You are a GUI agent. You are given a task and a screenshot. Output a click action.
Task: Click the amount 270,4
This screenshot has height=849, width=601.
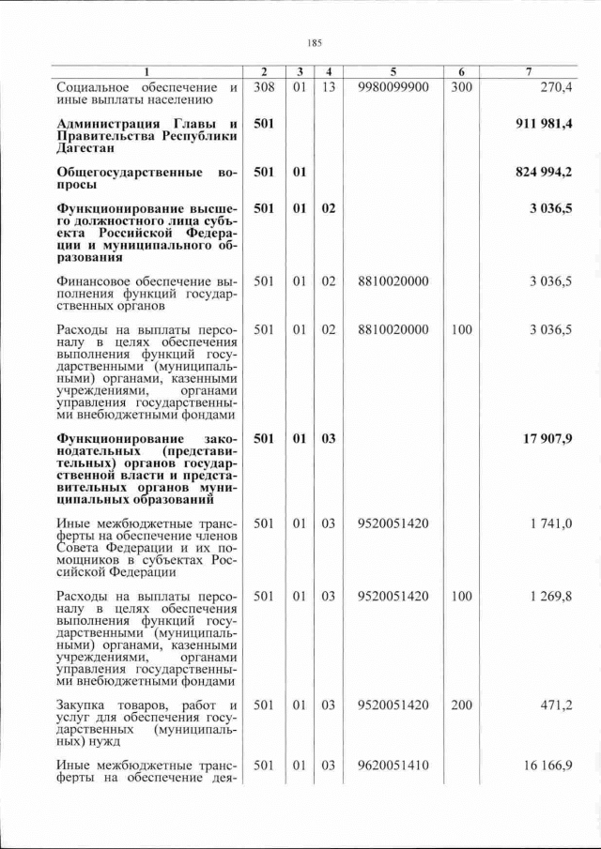tap(554, 87)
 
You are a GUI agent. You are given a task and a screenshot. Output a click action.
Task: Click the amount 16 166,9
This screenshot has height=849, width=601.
tap(548, 766)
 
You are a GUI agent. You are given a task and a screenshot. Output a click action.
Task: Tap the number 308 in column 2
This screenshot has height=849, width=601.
tap(264, 87)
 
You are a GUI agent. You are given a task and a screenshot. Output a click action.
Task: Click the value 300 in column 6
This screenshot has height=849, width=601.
tap(461, 87)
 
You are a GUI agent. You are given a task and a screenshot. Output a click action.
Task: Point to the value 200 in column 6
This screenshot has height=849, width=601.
tap(461, 705)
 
